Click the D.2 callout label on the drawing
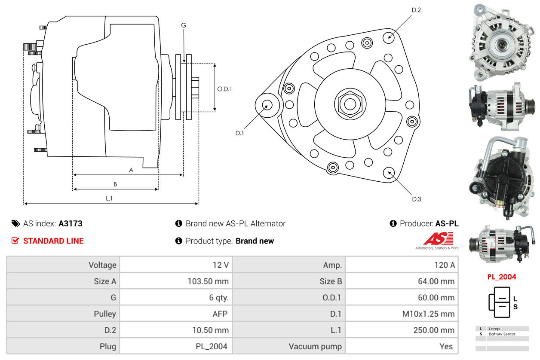coord(416,10)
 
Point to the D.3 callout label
coord(416,199)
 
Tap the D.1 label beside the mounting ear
coord(239,133)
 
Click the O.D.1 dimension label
coord(224,89)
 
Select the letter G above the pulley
coord(184,25)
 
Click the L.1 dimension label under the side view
coord(109,198)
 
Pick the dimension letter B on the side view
coord(115,184)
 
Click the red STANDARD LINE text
coord(53,241)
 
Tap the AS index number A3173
coord(71,223)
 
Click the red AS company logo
coord(438,238)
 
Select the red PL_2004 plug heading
coord(501,277)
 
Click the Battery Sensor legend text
coord(502,334)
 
